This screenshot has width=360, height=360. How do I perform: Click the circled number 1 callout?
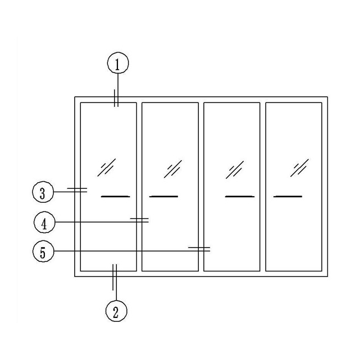pyautogui.click(x=118, y=63)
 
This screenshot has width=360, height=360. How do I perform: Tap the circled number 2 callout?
pyautogui.click(x=116, y=311)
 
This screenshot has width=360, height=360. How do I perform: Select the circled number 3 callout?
pyautogui.click(x=43, y=192)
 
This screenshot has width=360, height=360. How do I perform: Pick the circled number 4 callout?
pyautogui.click(x=44, y=222)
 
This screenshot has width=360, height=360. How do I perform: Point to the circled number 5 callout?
pyautogui.click(x=43, y=251)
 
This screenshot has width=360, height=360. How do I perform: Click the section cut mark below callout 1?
pyautogui.click(x=116, y=98)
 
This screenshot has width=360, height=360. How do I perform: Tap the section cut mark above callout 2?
pyautogui.click(x=115, y=277)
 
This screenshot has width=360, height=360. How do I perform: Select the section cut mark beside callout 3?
pyautogui.click(x=77, y=190)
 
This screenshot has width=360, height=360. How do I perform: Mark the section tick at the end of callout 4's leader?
pyautogui.click(x=140, y=220)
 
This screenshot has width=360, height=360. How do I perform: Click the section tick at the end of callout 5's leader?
pyautogui.click(x=199, y=249)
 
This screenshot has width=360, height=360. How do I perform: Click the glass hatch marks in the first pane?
pyautogui.click(x=106, y=168)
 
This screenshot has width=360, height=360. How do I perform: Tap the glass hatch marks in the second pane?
pyautogui.click(x=173, y=169)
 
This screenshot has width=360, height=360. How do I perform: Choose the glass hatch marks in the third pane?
pyautogui.click(x=235, y=169)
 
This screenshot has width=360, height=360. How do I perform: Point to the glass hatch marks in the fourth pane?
pyautogui.click(x=300, y=168)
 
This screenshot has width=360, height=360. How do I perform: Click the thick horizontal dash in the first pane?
pyautogui.click(x=115, y=197)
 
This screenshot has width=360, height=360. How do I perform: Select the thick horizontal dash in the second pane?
pyautogui.click(x=164, y=197)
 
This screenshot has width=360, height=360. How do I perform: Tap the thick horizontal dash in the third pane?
pyautogui.click(x=240, y=197)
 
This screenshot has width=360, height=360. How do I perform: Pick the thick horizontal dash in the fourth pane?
pyautogui.click(x=287, y=197)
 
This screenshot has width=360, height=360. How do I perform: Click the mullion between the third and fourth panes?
pyautogui.click(x=263, y=187)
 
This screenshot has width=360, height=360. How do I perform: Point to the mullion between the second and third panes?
pyautogui.click(x=201, y=187)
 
